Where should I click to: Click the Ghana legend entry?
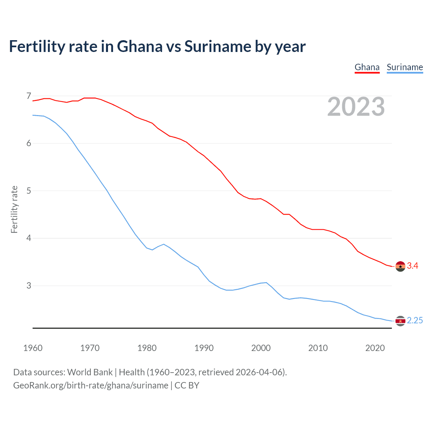tap(367, 67)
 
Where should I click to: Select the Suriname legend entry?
tap(405, 67)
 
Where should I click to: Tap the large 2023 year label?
tap(356, 107)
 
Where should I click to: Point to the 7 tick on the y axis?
tap(29, 96)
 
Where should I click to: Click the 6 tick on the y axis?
tap(29, 143)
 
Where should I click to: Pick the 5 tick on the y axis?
tap(29, 191)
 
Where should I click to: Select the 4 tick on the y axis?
tap(29, 238)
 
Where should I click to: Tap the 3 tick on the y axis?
tap(29, 286)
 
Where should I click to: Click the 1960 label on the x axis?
tap(33, 348)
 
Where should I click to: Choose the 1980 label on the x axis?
tap(147, 348)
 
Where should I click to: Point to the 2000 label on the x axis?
tap(261, 348)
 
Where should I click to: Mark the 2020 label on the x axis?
tap(375, 348)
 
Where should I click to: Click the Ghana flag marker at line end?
tap(400, 266)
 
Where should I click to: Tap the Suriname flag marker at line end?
tap(400, 321)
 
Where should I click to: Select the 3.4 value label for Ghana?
tap(412, 266)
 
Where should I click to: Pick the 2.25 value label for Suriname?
tap(415, 321)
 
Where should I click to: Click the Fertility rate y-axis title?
tap(14, 209)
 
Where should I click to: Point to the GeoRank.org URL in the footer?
tap(90, 385)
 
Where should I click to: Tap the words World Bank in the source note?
tap(90, 372)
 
